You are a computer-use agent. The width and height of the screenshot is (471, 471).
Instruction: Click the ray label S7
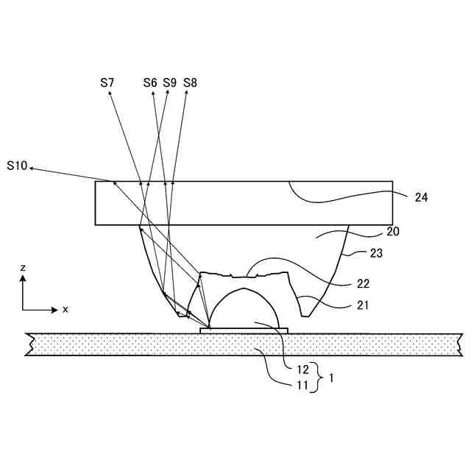[107, 82]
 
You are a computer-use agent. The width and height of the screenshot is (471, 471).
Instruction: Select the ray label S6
[150, 82]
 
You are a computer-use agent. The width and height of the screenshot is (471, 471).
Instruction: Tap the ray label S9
[170, 82]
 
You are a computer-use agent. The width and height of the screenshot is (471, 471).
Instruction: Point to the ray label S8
[190, 82]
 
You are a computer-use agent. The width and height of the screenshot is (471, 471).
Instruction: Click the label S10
[16, 166]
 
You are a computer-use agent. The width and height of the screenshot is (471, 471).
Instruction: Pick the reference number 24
[421, 197]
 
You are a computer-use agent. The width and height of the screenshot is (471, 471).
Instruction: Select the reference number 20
[394, 232]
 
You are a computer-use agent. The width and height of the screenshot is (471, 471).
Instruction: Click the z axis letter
[23, 268]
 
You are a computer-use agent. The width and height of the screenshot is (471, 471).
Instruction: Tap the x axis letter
[65, 310]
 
